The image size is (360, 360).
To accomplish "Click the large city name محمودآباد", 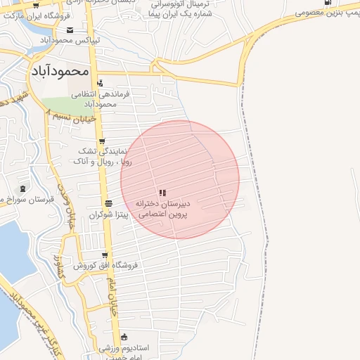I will (60, 71).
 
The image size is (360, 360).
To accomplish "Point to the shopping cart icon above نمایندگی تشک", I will (102, 141).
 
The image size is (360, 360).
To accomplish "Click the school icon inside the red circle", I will (162, 192).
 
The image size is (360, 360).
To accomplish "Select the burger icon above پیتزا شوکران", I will (108, 203).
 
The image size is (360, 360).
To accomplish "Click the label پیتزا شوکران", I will (106, 214).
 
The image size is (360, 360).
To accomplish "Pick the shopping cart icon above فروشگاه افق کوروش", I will (105, 255).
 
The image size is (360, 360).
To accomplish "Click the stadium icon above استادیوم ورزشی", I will (124, 337).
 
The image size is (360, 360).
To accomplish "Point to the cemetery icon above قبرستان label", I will (22, 188).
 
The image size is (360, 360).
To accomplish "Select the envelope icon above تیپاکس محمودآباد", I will (70, 30).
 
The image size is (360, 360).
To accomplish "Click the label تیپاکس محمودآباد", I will (69, 40).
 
